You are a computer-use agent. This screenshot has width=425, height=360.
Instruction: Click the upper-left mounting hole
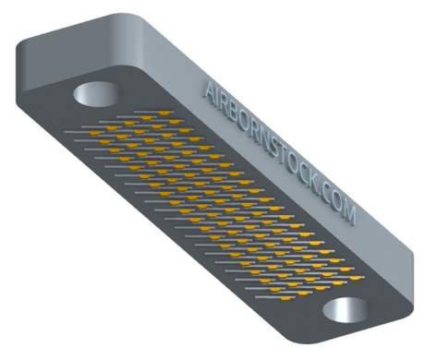(x=96, y=94)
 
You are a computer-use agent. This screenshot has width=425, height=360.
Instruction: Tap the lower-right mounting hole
(x=346, y=310)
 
